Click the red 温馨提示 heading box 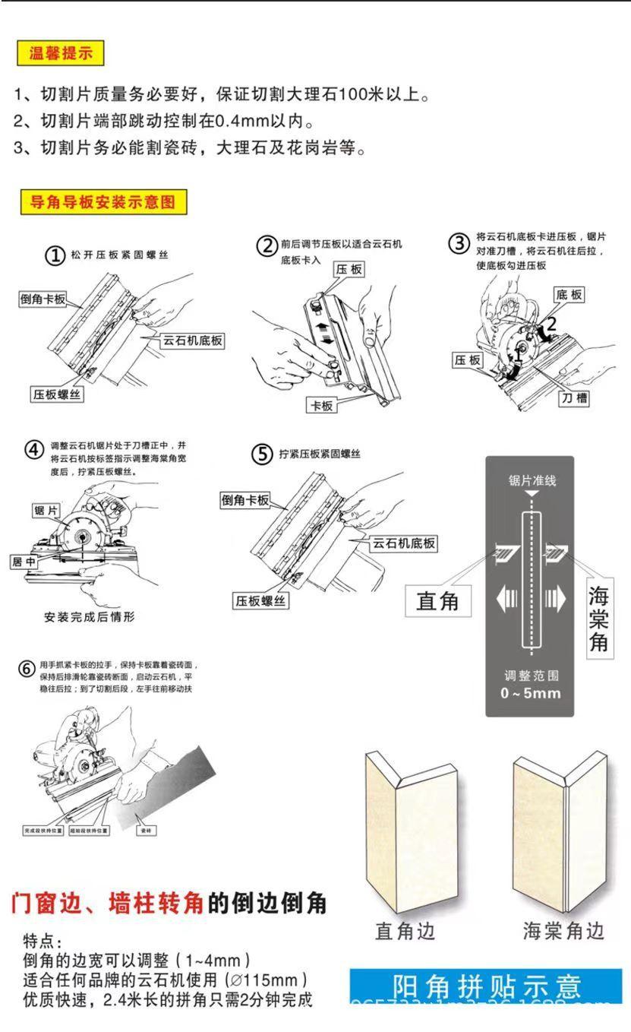point(60,54)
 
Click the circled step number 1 point(55,256)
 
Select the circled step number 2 point(266,246)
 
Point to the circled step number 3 point(459,244)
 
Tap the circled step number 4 point(34,449)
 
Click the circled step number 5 point(262,455)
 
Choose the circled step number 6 point(27,670)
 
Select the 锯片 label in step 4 point(47,511)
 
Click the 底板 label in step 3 point(569,294)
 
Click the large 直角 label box point(438,601)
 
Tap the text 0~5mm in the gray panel point(530,693)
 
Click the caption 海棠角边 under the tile point(563,931)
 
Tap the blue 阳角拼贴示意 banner point(487,986)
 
